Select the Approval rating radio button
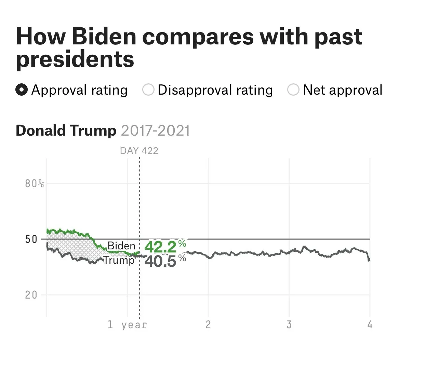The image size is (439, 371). coord(22,90)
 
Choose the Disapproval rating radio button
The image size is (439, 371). coord(148,90)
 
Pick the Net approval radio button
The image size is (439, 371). coord(293,90)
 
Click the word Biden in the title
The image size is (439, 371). coord(104,36)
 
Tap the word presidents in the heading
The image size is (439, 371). coord(75,59)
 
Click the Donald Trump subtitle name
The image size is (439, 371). coord(66,130)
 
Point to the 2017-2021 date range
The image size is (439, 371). coord(155,130)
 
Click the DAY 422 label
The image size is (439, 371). coord(139,151)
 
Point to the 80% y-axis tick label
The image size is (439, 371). coord(35,184)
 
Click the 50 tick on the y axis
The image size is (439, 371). coord(31,239)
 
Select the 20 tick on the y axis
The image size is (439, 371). coord(31,295)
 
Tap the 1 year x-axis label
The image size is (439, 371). coord(127,325)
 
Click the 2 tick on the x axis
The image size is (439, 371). coord(208,325)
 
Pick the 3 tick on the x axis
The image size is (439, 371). coord(289,325)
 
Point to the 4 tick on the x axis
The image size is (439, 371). coord(370,325)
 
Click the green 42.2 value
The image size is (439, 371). coord(161,247)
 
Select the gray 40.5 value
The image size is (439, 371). coord(161,262)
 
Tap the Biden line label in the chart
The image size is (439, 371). coord(121,246)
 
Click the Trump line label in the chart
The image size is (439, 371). coord(119,260)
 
